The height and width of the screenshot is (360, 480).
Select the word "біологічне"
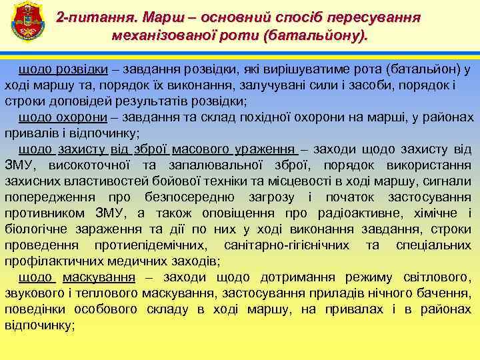coord(35,229)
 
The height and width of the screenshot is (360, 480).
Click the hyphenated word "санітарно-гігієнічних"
coord(287,245)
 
